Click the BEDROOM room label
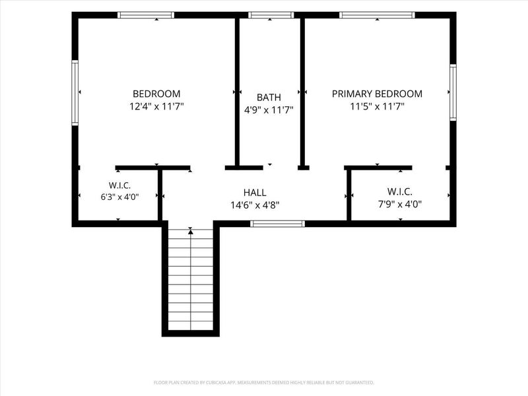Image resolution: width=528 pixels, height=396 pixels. point(156,94)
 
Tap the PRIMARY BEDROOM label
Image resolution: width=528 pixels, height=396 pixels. point(377,94)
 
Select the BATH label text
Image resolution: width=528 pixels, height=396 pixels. point(269,97)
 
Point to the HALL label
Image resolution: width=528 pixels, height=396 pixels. point(255,193)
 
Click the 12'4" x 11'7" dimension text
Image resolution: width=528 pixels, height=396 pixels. point(156,107)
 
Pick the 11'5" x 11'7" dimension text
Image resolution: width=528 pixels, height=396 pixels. point(377,107)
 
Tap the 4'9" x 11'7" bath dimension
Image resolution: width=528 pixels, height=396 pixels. point(269,110)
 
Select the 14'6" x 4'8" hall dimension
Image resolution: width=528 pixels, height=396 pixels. point(255,205)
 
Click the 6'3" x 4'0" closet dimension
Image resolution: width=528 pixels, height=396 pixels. point(120,197)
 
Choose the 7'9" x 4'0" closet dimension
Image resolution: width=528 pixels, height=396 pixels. point(400,205)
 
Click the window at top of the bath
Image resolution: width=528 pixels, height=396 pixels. point(271,15)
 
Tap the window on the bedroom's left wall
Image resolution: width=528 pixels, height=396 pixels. point(75,93)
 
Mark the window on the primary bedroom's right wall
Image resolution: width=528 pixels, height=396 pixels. point(453,92)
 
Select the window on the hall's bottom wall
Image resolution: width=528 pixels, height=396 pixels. point(277,224)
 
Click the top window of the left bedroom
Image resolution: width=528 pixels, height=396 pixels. point(146,15)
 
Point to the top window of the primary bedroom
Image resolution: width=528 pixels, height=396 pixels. point(377,15)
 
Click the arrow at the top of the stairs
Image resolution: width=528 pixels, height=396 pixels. point(191,231)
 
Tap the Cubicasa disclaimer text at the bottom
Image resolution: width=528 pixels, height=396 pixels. point(264,383)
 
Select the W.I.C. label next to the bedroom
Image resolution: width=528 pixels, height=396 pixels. point(119,185)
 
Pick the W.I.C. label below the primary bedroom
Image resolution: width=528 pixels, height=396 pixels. point(400,192)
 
